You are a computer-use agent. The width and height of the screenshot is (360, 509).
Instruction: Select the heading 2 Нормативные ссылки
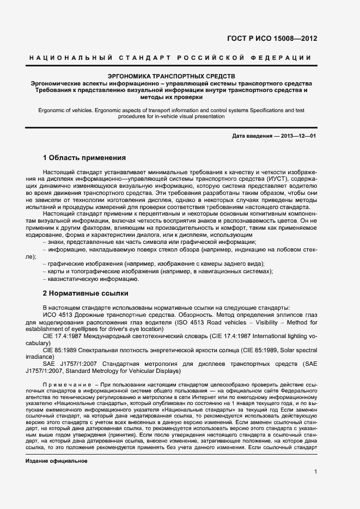point(86,293)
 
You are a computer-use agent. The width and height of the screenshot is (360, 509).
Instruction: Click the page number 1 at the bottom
point(315,471)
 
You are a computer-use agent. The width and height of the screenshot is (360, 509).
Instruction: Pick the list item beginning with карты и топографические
point(158,271)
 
